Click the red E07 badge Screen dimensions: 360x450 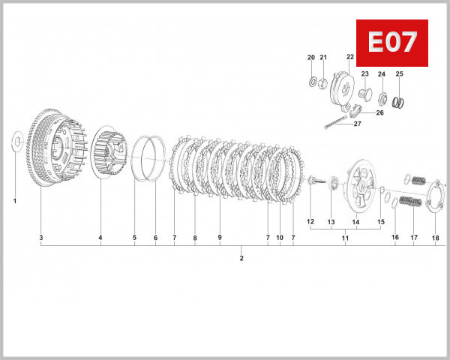(x=391, y=43)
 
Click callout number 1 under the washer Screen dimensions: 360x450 (x=15, y=201)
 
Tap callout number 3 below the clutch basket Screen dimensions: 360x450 (x=41, y=238)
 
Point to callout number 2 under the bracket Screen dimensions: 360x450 (x=241, y=259)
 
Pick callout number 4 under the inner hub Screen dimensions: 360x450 (x=100, y=238)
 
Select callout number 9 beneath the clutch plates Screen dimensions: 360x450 (x=220, y=238)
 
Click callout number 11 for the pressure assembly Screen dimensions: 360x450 (x=346, y=238)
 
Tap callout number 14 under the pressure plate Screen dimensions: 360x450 (x=355, y=222)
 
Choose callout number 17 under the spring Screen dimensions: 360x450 (x=413, y=238)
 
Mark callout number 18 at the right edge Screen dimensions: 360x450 (x=435, y=238)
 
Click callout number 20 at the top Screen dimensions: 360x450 (x=311, y=58)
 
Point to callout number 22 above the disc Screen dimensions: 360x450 (x=350, y=57)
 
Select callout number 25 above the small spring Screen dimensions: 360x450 (x=399, y=73)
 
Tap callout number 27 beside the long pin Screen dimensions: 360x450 (x=357, y=124)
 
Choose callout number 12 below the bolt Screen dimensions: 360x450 (x=310, y=222)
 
